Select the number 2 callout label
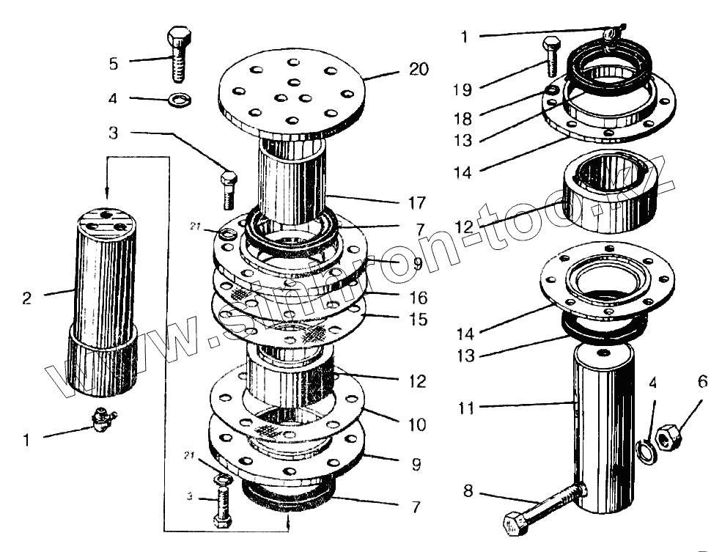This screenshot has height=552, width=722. (x=27, y=298)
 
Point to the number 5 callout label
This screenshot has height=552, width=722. (x=113, y=64)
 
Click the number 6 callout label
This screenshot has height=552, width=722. (x=702, y=381)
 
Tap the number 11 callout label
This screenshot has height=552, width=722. (x=467, y=408)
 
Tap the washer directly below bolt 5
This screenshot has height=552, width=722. (x=178, y=98)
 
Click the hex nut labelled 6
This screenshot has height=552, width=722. (x=667, y=438)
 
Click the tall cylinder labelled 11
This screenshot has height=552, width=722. (x=603, y=429)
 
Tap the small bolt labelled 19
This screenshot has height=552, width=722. (x=551, y=55)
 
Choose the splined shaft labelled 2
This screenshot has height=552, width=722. (x=103, y=301)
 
